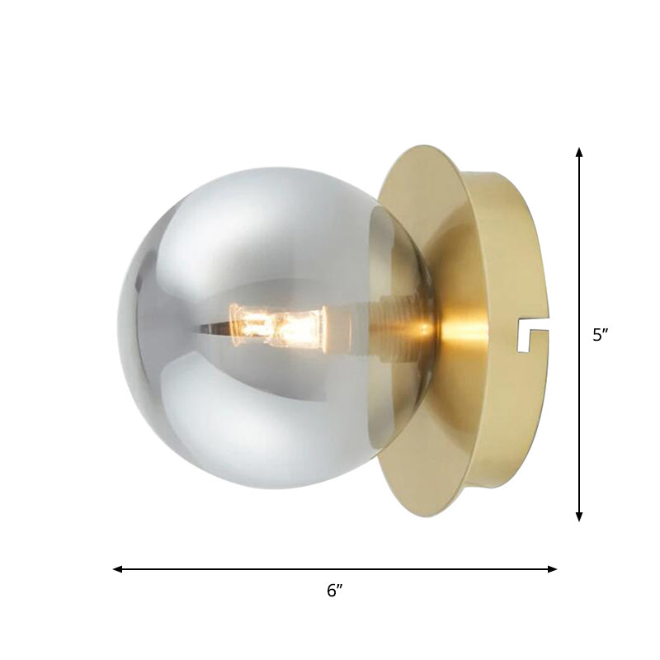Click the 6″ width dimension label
coord(334,591)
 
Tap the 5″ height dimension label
coord(601,335)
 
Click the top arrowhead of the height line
coord(579,152)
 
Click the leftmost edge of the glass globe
coord(119,330)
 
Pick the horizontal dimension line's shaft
coord(247,568)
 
